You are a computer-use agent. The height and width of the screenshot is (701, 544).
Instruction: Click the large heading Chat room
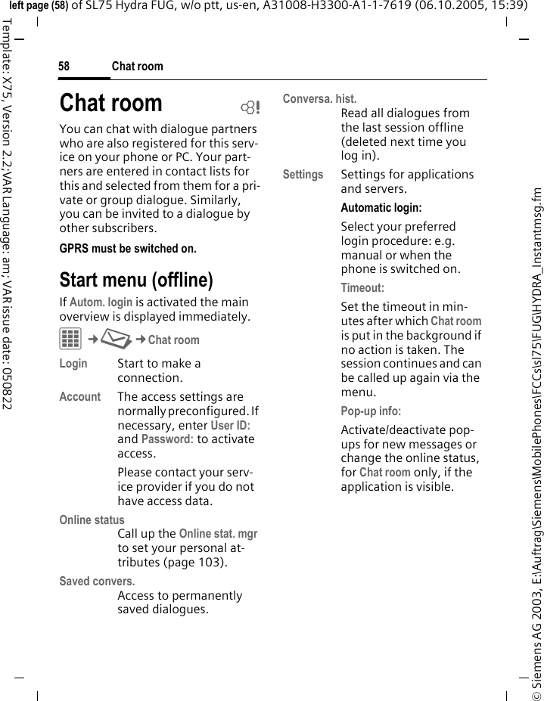[x=111, y=103]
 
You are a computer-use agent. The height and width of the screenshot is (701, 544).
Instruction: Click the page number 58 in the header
[x=64, y=67]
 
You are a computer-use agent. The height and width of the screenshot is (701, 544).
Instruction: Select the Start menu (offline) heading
[x=136, y=280]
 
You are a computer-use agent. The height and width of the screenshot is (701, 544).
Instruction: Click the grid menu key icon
[x=70, y=340]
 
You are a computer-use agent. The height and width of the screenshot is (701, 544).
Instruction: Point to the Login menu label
[x=73, y=364]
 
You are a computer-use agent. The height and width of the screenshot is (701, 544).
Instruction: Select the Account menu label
[x=79, y=397]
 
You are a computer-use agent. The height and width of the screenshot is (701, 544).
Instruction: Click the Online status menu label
[x=92, y=520]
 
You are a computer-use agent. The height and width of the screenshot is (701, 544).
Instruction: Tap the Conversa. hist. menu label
[x=319, y=99]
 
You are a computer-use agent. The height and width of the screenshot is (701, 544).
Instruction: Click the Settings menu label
[x=303, y=175]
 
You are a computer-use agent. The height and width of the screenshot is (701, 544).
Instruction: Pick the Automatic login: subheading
[x=381, y=208]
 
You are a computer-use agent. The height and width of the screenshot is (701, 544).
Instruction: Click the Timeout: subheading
[x=362, y=288]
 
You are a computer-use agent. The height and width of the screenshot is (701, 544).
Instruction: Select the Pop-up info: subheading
[x=371, y=411]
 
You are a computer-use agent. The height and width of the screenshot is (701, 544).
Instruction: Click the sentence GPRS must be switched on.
[x=128, y=248]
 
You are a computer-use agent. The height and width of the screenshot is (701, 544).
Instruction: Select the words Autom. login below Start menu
[x=101, y=302]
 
